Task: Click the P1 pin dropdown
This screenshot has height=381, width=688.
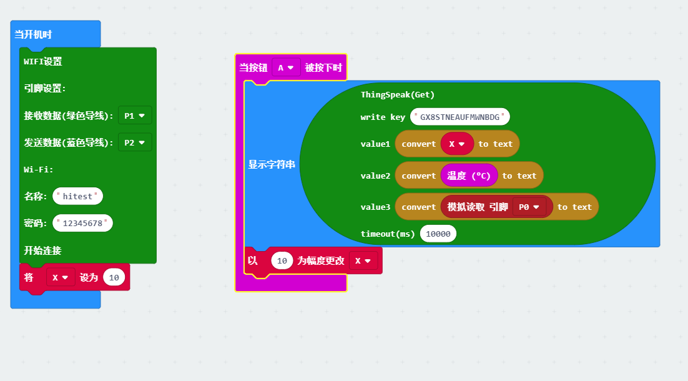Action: (134, 116)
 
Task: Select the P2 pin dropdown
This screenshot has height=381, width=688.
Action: (134, 142)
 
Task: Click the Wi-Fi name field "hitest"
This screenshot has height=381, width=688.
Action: (77, 196)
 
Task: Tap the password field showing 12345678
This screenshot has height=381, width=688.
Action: (83, 224)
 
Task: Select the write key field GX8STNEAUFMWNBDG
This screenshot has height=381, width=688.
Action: (460, 117)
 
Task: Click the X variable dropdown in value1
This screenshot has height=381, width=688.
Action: (457, 144)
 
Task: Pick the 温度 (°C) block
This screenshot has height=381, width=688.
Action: (469, 176)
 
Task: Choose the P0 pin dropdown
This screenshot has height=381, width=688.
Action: (529, 207)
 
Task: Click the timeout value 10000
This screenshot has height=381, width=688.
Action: (438, 234)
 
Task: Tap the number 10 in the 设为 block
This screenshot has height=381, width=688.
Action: (114, 277)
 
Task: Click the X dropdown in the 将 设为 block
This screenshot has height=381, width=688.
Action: (60, 277)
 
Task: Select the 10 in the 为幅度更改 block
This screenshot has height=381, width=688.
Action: (282, 261)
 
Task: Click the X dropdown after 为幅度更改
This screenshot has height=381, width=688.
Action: (363, 261)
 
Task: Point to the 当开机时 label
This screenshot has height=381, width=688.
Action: (33, 35)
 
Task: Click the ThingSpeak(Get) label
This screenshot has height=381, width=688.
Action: (397, 95)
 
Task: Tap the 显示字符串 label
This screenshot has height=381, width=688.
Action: (272, 165)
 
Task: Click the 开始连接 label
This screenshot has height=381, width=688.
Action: (42, 250)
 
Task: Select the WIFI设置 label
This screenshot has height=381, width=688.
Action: (42, 61)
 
